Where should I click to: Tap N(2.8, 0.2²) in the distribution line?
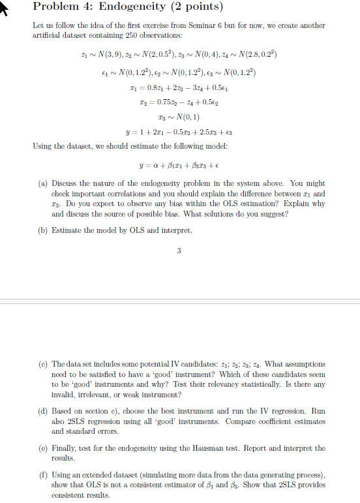(x=258, y=53)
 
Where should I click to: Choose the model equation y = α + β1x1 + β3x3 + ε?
(x=179, y=164)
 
